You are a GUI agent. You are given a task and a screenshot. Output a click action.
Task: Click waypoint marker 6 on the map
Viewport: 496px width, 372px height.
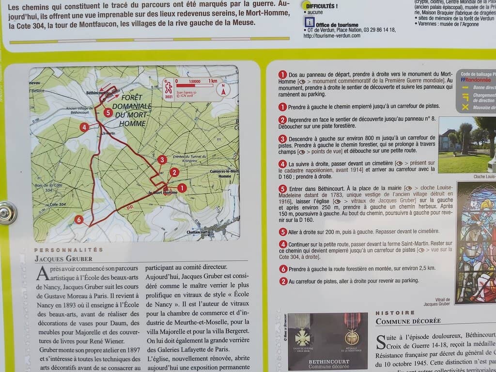79,220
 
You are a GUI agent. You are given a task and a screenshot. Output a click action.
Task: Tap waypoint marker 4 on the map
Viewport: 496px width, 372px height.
84,127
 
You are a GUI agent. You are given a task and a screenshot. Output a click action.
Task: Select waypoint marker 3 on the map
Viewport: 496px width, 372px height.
162,159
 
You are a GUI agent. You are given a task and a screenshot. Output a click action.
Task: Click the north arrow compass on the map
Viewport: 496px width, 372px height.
223,89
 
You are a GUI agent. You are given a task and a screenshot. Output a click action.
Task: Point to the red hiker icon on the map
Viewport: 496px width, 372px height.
168,87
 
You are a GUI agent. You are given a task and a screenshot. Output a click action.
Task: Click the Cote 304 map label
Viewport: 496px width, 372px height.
57,205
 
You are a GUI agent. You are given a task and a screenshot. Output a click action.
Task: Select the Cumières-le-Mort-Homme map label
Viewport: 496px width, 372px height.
224,173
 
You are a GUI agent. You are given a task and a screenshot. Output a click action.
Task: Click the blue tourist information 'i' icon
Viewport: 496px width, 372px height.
309,22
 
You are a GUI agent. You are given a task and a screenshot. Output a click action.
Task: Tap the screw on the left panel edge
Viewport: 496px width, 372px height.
7,213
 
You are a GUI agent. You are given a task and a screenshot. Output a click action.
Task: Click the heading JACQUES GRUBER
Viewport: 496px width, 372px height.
63,259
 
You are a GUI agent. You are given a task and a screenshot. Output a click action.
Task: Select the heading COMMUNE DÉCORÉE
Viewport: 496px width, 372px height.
408,321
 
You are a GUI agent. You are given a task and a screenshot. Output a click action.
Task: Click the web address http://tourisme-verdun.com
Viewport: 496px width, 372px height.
332,35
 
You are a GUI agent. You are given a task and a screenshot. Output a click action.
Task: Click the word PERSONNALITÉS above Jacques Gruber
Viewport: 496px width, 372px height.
69,250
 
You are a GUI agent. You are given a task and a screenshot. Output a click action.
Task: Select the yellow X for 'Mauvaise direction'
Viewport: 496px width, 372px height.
465,108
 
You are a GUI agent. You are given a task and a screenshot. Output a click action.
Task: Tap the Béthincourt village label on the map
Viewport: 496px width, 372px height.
96,92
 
